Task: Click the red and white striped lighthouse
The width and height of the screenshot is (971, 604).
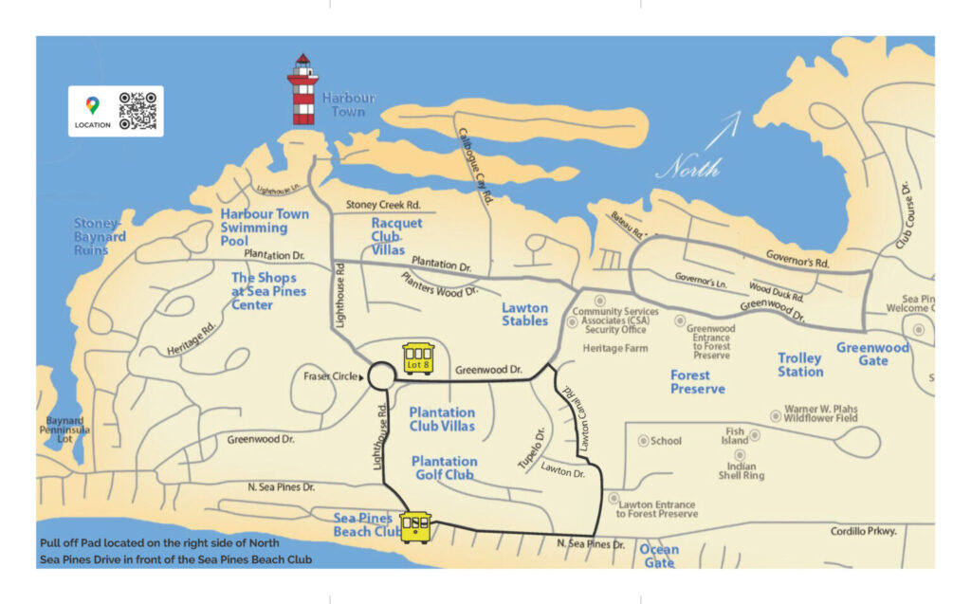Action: coord(302,91)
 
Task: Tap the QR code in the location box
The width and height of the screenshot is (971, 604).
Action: coord(137,111)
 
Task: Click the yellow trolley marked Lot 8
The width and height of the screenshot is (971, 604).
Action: coord(418,358)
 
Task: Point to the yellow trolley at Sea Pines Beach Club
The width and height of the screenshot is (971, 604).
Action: coord(415,527)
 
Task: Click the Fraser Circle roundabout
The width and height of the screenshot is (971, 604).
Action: coord(380,376)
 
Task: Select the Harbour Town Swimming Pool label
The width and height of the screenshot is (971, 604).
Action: coord(265,228)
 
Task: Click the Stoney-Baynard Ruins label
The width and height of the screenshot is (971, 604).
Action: coord(100,237)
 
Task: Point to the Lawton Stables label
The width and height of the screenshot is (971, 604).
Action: coord(524,314)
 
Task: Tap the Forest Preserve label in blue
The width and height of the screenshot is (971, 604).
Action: coord(697,382)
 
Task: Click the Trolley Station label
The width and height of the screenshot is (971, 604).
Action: coord(799,365)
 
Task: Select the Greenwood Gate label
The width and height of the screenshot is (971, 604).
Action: coord(872,354)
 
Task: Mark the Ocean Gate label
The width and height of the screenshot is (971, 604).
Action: coord(659,556)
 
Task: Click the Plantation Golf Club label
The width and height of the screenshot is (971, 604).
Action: coord(444,467)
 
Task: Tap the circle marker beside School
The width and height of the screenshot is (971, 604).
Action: coord(644,441)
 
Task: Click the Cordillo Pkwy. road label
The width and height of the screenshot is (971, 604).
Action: coord(863,531)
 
